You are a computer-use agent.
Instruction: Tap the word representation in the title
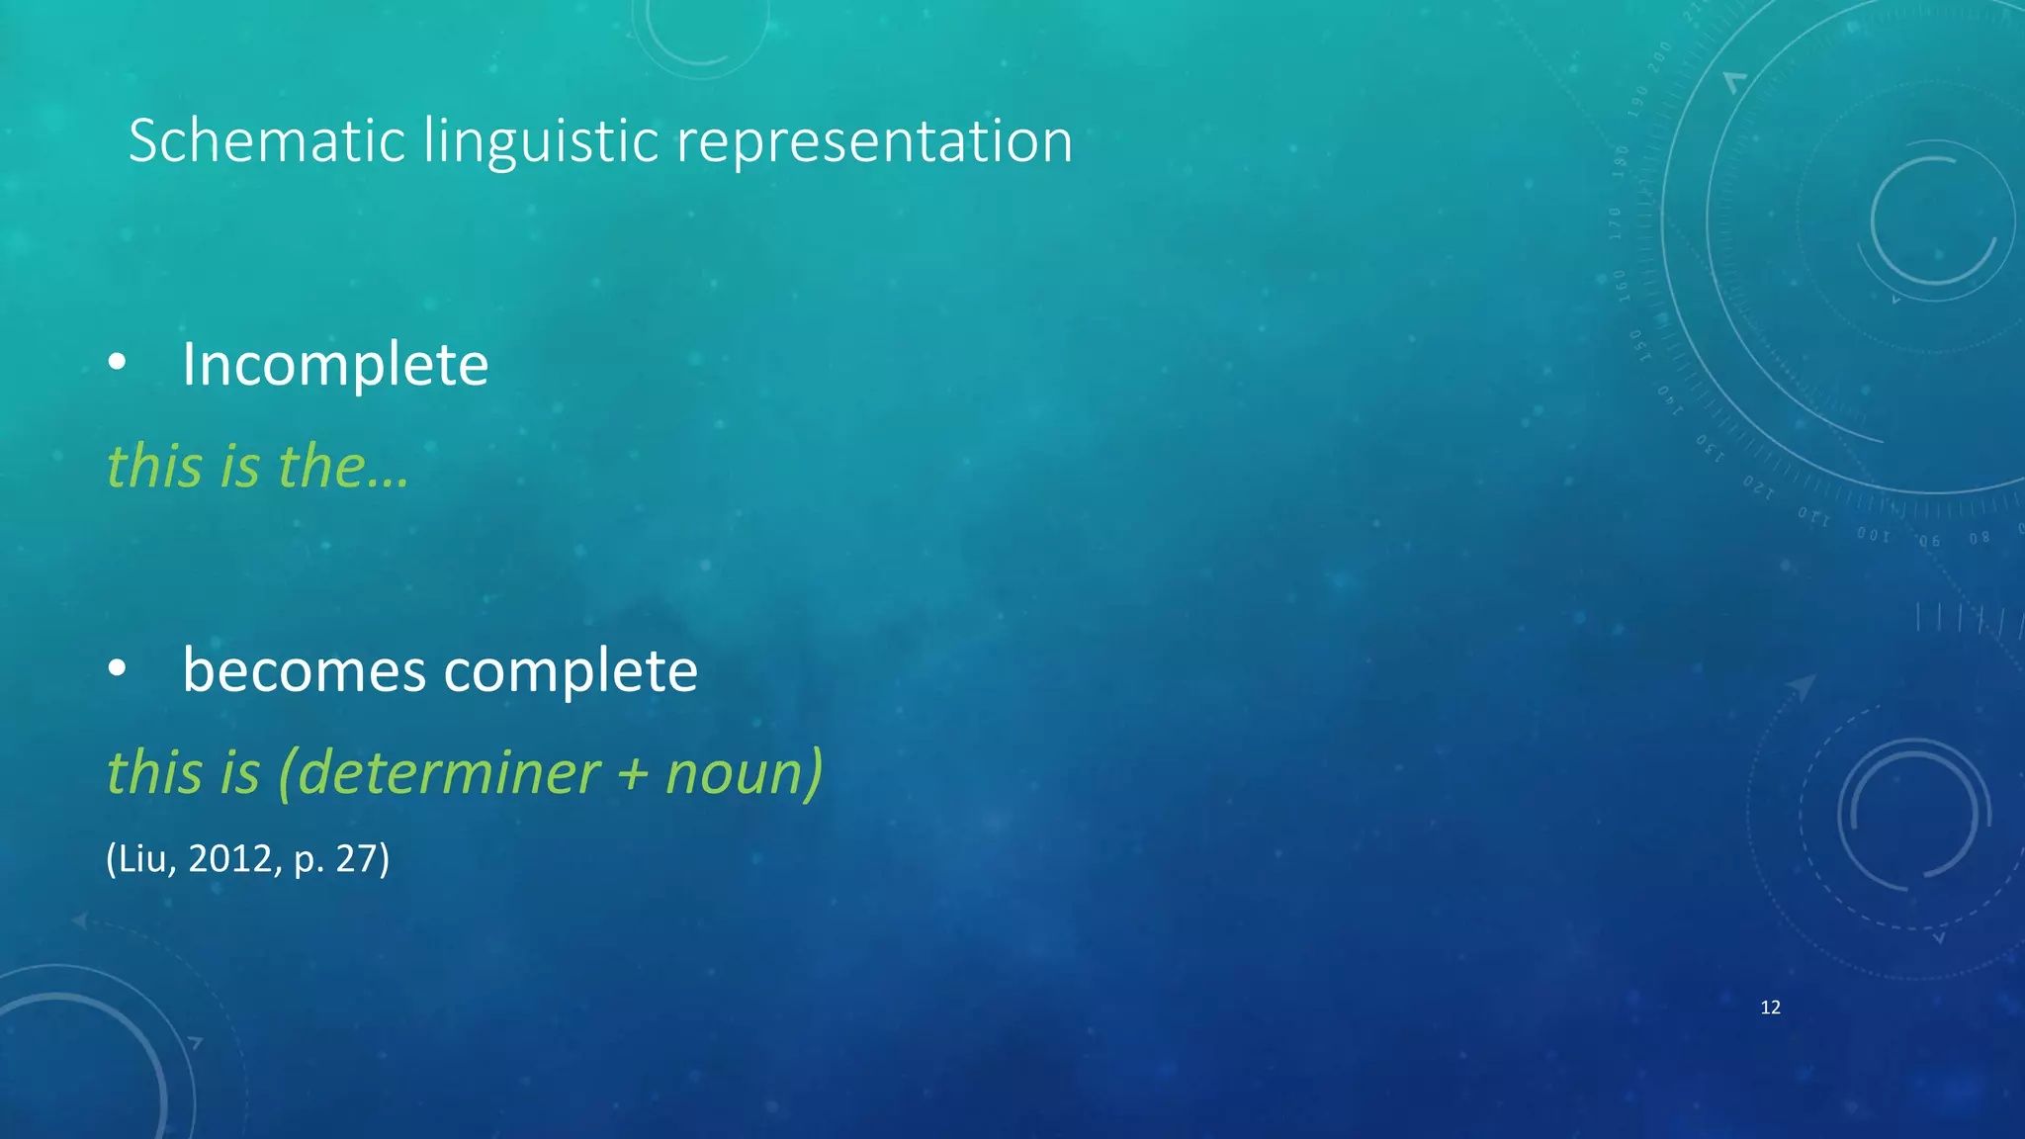click(874, 140)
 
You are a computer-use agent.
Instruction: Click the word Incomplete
click(335, 364)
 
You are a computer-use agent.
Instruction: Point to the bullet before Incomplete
click(117, 364)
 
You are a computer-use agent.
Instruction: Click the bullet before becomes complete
click(117, 670)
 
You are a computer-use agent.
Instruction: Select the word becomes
click(305, 670)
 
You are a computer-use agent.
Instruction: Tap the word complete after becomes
click(571, 670)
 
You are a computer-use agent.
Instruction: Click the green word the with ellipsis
click(342, 466)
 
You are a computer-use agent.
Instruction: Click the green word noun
click(737, 772)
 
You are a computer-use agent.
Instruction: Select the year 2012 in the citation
click(229, 858)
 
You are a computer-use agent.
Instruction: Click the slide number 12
click(1770, 1008)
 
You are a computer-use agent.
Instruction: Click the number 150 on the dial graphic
click(1637, 346)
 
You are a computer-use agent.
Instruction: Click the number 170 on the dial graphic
click(1616, 223)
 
